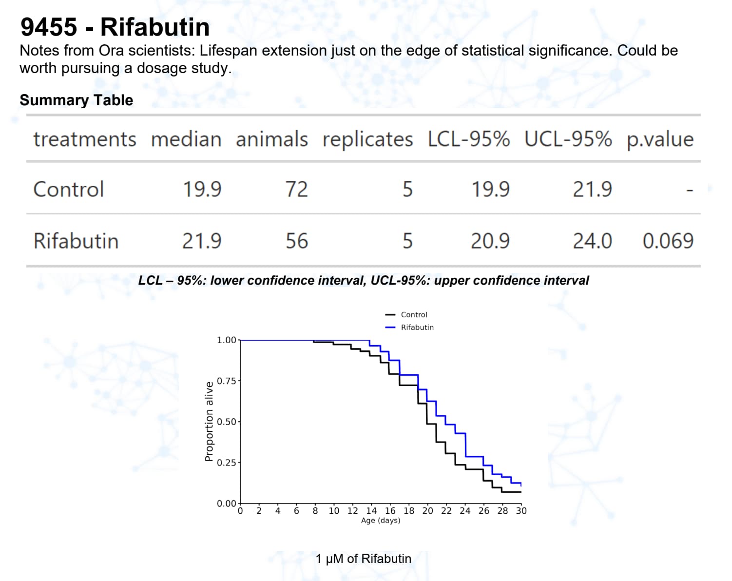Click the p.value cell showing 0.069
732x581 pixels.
tap(668, 241)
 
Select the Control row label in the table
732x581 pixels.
tap(69, 189)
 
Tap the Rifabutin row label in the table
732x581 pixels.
tap(76, 241)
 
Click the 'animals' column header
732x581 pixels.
tap(271, 139)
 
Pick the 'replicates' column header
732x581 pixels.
tap(367, 139)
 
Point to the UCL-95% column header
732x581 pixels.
tap(568, 139)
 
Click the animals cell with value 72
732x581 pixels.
tap(296, 189)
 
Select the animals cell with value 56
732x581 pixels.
tap(296, 241)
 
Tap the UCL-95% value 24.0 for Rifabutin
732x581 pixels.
tap(592, 241)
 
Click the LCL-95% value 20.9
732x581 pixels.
tap(490, 241)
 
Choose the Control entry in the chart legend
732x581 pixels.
tap(414, 315)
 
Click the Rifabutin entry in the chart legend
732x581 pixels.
tap(417, 328)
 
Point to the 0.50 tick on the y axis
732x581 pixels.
tap(227, 422)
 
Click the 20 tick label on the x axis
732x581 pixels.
tap(427, 511)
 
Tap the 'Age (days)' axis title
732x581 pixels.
tap(381, 521)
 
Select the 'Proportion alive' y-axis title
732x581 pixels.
tap(209, 421)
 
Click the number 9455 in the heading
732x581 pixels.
tap(49, 27)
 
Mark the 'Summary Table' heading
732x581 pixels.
tap(77, 100)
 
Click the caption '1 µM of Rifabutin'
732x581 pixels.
tap(363, 559)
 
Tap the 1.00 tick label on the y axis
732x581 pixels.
tap(227, 340)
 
